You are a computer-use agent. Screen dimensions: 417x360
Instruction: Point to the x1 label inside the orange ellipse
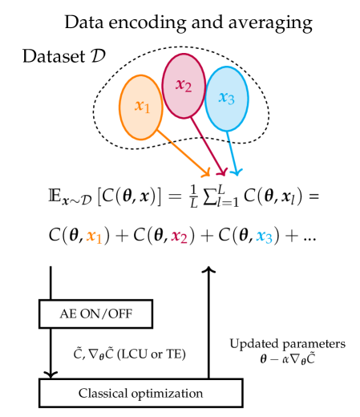pos(142,106)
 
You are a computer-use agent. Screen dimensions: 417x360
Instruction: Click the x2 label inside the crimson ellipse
pos(184,85)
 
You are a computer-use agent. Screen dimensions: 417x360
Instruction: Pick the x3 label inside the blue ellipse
pos(227,98)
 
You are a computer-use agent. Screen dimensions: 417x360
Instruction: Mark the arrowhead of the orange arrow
pos(207,173)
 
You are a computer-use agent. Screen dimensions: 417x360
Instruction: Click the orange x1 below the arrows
pos(95,237)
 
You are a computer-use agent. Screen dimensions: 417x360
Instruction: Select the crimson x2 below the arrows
pos(179,237)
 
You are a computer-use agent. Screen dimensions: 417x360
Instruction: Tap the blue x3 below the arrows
pos(264,237)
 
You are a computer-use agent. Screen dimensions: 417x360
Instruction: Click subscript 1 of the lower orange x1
pos(99,239)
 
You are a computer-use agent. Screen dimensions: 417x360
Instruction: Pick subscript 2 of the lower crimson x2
pos(184,239)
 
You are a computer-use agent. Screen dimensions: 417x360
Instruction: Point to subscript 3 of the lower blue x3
pos(269,239)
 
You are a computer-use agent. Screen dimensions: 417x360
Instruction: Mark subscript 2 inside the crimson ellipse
pos(188,88)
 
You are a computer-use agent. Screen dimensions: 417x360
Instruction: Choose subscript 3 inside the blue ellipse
pos(232,101)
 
